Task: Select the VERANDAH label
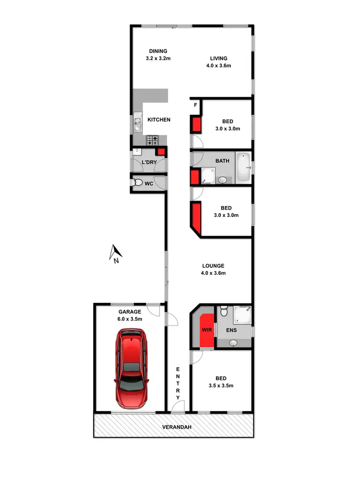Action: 173,427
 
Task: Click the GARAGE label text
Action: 127,311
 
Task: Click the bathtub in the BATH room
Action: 243,167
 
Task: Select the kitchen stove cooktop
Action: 153,141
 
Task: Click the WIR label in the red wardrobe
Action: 207,330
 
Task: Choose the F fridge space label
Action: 195,105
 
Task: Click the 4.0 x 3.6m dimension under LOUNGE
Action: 214,273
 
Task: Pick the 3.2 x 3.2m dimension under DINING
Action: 158,59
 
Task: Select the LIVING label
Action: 218,59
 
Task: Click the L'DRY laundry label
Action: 149,163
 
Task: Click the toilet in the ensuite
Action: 223,312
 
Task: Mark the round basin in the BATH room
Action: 222,180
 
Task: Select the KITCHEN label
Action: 159,120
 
